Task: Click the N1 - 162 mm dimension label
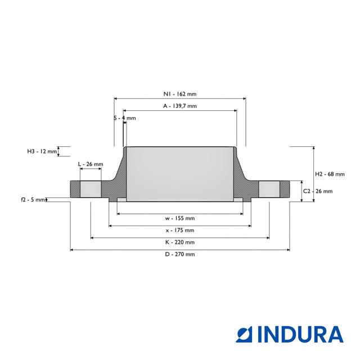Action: click(180, 94)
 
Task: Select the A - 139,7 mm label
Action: click(180, 106)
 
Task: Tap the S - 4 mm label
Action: click(125, 118)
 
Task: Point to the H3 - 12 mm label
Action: click(42, 151)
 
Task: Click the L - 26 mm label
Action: click(91, 164)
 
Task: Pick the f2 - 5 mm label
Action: click(33, 200)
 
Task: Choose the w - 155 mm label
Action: click(180, 218)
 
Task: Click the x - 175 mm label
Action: click(180, 230)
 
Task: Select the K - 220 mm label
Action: click(180, 242)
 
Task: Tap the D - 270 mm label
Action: click(180, 254)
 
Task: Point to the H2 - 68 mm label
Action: click(330, 174)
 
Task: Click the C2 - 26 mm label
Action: click(318, 191)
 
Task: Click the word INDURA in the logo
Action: click(300, 334)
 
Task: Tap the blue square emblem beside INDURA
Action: click(244, 334)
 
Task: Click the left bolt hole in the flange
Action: click(91, 189)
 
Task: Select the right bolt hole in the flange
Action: click(269, 189)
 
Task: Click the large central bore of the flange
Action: click(180, 174)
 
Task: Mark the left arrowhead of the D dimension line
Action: click(71, 250)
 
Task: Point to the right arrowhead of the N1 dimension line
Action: click(245, 99)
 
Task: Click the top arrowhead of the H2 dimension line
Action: click(314, 148)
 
